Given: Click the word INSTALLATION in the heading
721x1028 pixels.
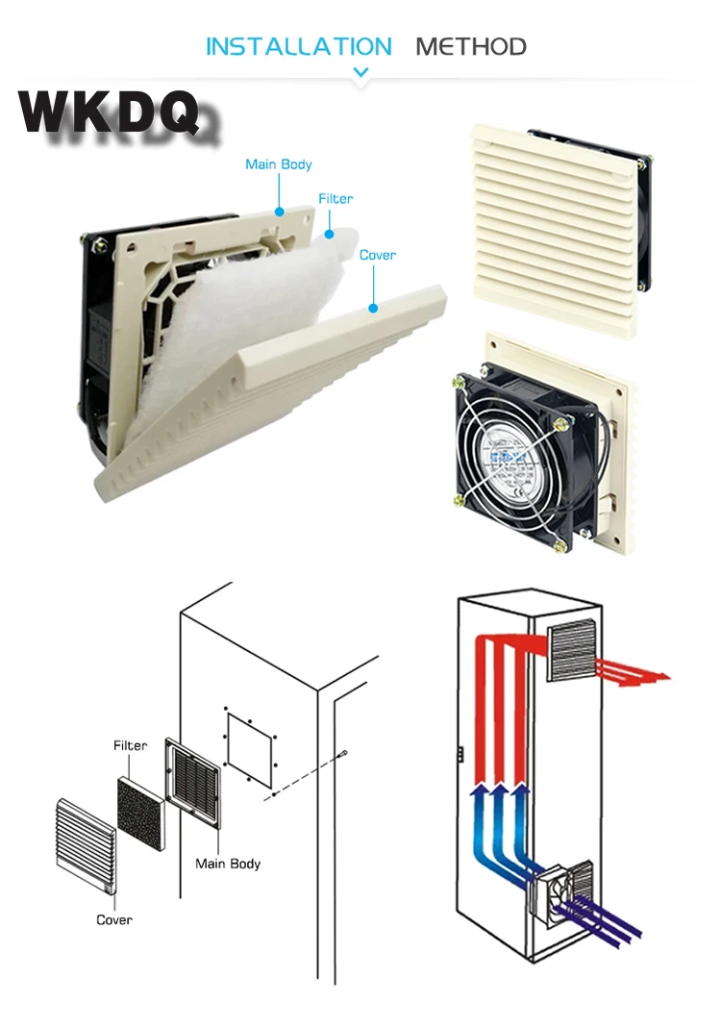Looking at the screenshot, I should (299, 46).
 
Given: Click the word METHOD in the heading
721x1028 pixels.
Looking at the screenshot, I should (470, 46).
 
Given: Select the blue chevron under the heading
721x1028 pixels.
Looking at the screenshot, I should (361, 72).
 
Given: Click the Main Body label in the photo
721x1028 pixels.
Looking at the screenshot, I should (279, 164).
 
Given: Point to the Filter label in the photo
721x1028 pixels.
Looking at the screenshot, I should (336, 198).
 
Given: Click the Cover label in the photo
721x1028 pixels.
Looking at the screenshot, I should (377, 255).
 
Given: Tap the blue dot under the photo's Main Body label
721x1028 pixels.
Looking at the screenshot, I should (279, 211).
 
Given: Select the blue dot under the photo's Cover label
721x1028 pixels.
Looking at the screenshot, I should (372, 308).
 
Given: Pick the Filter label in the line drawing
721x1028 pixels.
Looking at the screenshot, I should (131, 745).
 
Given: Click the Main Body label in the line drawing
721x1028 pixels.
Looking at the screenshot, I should (228, 864).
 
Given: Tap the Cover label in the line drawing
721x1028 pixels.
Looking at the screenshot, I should (114, 920).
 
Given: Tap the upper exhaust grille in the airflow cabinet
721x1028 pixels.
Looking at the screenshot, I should (571, 650).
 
